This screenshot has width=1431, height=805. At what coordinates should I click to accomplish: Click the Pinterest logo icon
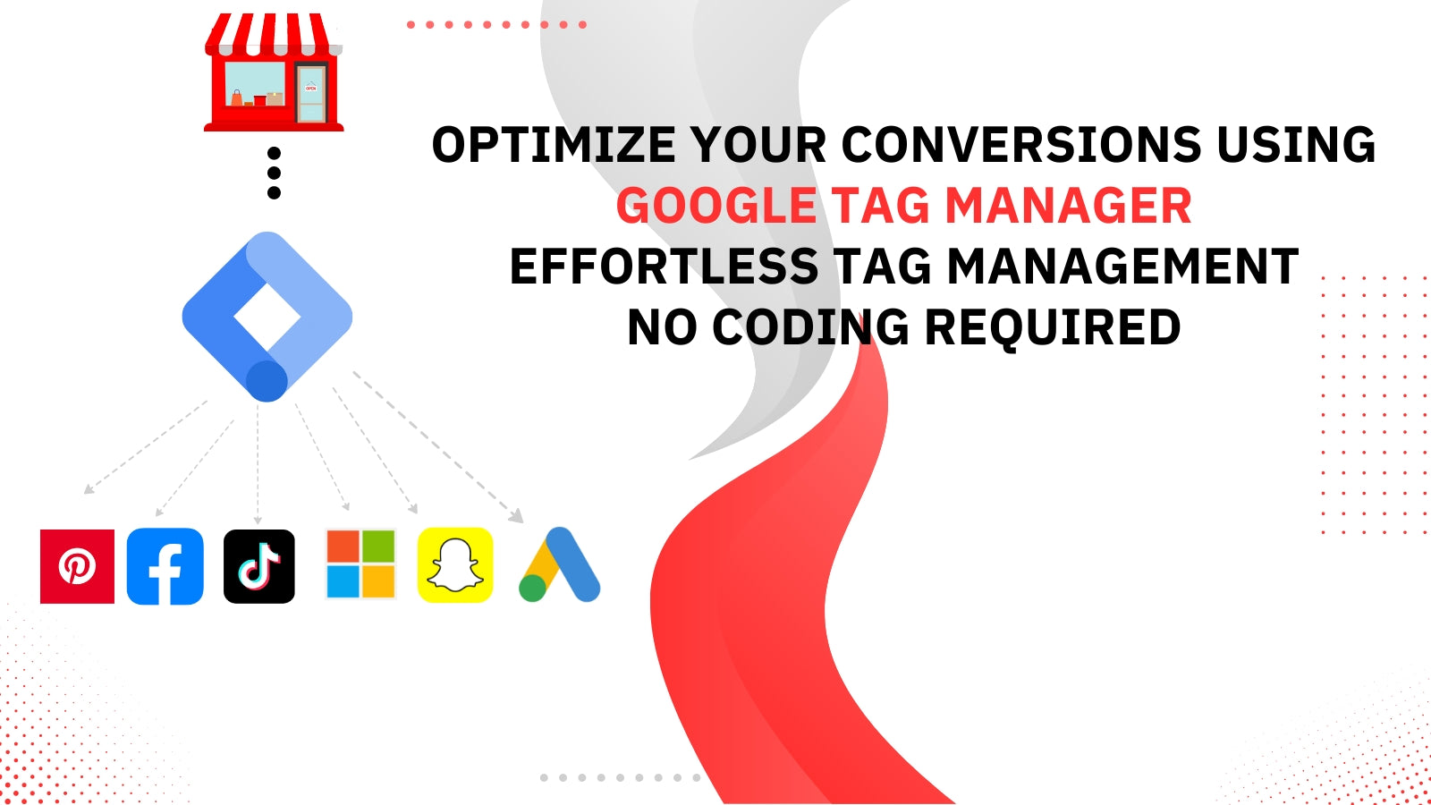tap(77, 566)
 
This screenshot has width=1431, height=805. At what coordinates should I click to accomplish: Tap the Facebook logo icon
tap(165, 566)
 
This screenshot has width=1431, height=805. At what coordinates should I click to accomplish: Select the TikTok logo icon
tap(259, 566)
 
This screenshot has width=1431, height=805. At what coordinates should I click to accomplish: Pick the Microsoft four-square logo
tap(361, 564)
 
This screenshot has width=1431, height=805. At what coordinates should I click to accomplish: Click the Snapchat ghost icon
tap(455, 564)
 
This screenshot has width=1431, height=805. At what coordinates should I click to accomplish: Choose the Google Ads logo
tap(560, 564)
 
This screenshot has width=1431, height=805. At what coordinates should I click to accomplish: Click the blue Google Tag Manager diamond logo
tap(267, 317)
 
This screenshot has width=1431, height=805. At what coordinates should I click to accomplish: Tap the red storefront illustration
tap(274, 72)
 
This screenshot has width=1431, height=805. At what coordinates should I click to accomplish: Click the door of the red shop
tap(311, 93)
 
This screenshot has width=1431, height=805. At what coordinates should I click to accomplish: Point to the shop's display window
tap(255, 84)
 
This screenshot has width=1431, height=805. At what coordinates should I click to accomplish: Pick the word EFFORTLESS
tap(664, 267)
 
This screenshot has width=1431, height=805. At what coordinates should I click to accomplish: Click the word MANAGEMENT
tap(1123, 267)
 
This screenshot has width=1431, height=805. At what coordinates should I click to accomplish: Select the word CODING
tap(810, 327)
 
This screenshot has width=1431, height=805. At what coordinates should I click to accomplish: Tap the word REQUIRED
tap(1054, 328)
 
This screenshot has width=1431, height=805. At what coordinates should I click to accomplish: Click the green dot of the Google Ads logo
tap(533, 588)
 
